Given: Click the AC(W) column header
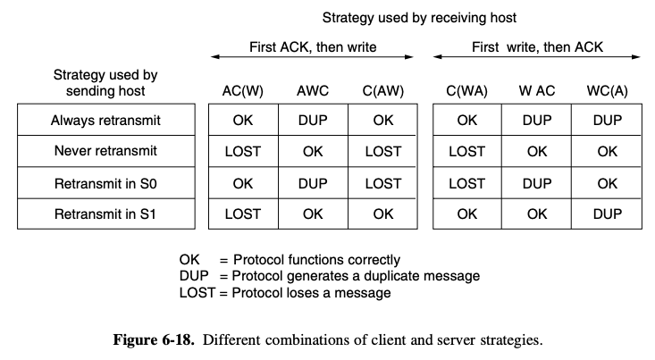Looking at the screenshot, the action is click(243, 91).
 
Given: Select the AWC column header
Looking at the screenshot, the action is click(313, 91).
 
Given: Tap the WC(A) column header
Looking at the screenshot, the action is click(607, 91).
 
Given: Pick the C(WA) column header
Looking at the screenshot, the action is click(466, 91).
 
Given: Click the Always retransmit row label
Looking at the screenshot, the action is click(105, 121).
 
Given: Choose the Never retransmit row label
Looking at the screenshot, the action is click(105, 151).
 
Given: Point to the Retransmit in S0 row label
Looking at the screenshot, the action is click(105, 183).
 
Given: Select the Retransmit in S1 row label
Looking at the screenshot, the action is click(105, 214).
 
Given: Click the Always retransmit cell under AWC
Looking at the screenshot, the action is click(313, 121).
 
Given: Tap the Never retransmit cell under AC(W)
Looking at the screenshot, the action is click(243, 151).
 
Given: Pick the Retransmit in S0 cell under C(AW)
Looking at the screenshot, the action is click(383, 183).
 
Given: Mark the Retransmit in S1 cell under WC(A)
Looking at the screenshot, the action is click(608, 214).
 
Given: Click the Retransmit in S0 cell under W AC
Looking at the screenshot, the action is click(537, 183).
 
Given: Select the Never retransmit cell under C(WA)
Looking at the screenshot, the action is click(467, 151).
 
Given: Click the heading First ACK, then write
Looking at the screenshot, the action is click(313, 46).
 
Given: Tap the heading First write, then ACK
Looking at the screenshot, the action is click(538, 46).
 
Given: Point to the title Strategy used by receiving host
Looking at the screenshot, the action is click(419, 18).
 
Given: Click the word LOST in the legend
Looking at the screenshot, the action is click(197, 293).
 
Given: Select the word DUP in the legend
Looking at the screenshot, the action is click(194, 276).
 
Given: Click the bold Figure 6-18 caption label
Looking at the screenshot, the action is click(154, 339).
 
